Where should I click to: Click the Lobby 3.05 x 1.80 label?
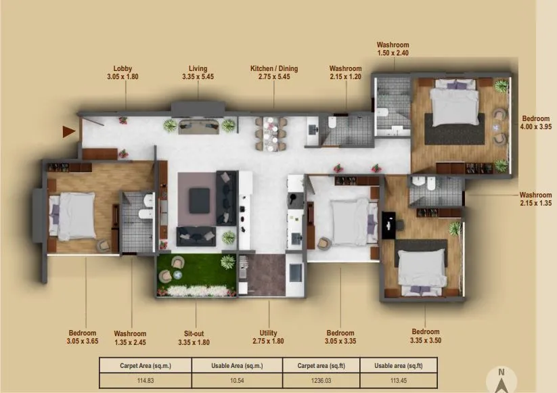coord(122,73)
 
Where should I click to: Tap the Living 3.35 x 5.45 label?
coord(198,73)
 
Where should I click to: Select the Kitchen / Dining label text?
coord(273,69)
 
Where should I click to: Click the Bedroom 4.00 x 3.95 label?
coord(535,122)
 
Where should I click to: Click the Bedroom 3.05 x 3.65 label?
coord(83,338)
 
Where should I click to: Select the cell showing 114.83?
coord(145,380)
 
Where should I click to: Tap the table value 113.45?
coord(399,380)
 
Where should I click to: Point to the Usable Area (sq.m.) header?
coord(237,365)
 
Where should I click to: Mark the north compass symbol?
coord(501,381)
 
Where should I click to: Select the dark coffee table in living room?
coord(199,199)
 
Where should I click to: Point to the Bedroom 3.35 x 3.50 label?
coord(425,336)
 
